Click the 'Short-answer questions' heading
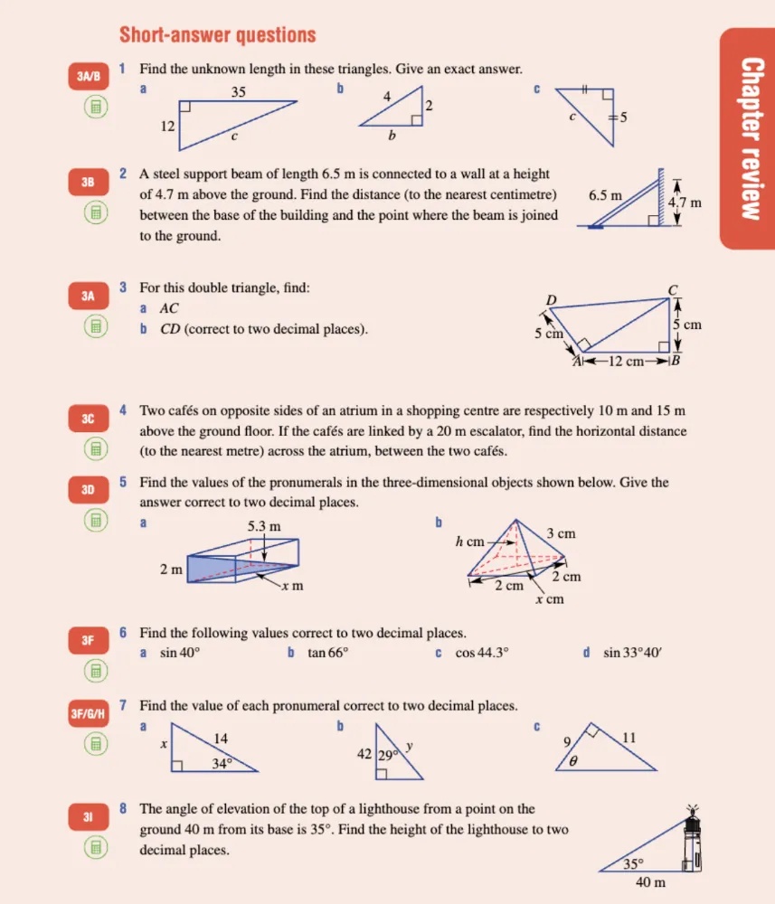[x=217, y=35]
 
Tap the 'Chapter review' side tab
[x=748, y=137]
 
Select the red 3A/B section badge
[x=89, y=77]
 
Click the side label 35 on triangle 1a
[x=239, y=91]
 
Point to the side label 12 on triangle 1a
[x=167, y=127]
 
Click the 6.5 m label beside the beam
[x=605, y=195]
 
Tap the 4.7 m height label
[x=685, y=202]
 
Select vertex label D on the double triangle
[x=551, y=300]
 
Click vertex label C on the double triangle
[x=672, y=290]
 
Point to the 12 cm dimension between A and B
[x=626, y=362]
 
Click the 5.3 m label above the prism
[x=263, y=526]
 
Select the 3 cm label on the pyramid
[x=561, y=533]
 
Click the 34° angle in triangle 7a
[x=222, y=763]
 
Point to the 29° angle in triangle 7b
[x=389, y=753]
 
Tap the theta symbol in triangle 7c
[x=572, y=761]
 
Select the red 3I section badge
[x=89, y=817]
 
